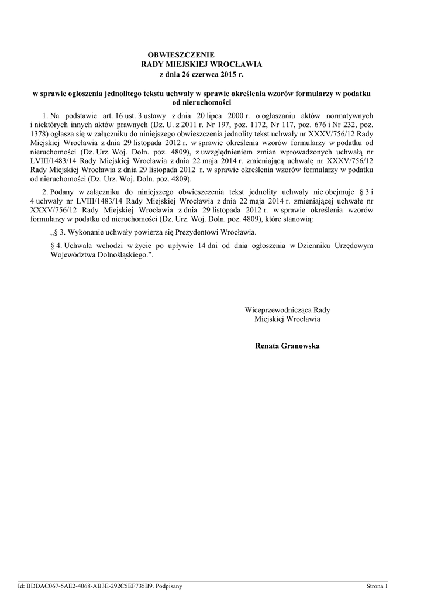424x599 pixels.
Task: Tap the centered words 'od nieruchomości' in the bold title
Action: coord(202,102)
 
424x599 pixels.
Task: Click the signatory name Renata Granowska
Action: coord(287,346)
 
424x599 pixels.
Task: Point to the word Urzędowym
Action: coord(350,246)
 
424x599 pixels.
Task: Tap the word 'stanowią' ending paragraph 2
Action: coord(298,218)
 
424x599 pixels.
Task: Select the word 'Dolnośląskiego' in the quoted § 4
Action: coord(122,256)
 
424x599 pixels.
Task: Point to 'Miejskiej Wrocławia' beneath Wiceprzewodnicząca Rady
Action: coord(287,319)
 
